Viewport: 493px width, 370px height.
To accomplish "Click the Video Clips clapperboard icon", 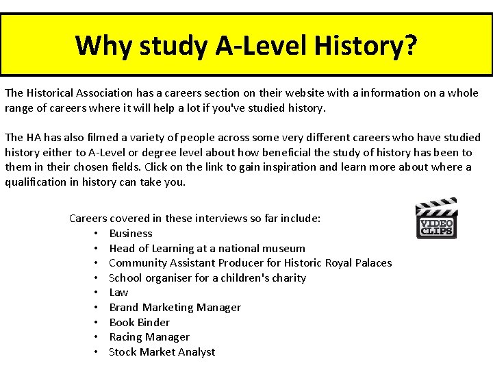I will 437,219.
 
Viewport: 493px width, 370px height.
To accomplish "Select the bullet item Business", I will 130,234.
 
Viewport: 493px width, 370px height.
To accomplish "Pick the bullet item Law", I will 118,293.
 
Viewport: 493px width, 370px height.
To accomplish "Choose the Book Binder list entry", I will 139,322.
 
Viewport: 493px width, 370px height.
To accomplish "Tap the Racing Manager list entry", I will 149,337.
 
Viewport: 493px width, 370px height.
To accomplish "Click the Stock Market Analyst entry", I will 162,352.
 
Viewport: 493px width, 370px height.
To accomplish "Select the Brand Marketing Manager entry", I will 175,308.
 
